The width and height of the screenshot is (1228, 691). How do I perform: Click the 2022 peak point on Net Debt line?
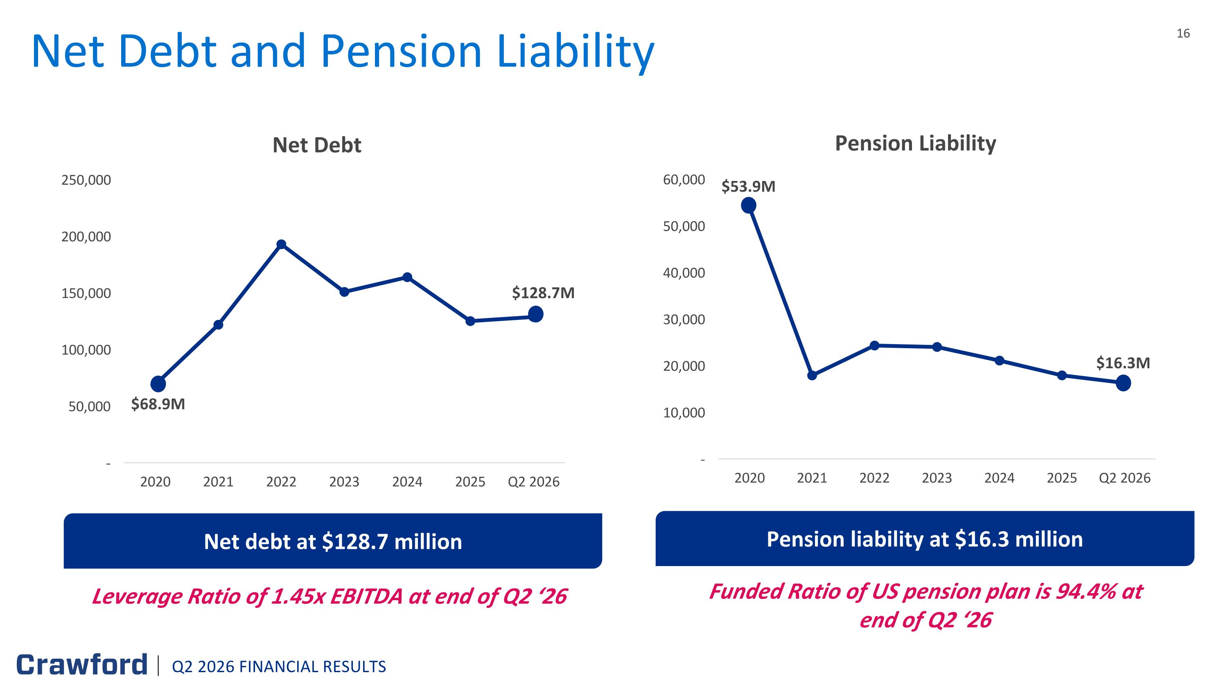(281, 244)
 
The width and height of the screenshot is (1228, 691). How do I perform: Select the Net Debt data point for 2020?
(158, 383)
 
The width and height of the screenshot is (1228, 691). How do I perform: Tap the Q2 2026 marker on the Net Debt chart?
(535, 314)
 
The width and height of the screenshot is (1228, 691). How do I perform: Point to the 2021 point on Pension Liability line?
(812, 375)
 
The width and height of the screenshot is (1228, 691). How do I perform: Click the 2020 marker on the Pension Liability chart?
(748, 205)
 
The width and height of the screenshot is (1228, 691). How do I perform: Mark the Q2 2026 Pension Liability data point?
(1123, 383)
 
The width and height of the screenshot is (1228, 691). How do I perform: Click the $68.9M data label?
(158, 404)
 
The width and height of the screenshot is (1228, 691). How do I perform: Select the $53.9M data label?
(748, 186)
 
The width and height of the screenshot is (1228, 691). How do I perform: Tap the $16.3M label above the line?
(1123, 363)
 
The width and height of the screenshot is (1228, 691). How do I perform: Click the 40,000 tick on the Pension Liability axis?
(684, 273)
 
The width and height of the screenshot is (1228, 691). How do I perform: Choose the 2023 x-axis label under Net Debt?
(344, 482)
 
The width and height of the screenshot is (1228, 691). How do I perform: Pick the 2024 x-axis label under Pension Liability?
(999, 478)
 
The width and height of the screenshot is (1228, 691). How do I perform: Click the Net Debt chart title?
(317, 145)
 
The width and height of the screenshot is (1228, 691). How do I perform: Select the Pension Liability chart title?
(915, 143)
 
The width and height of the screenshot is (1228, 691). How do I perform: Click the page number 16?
(1183, 33)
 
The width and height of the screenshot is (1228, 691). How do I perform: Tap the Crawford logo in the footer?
(82, 665)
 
